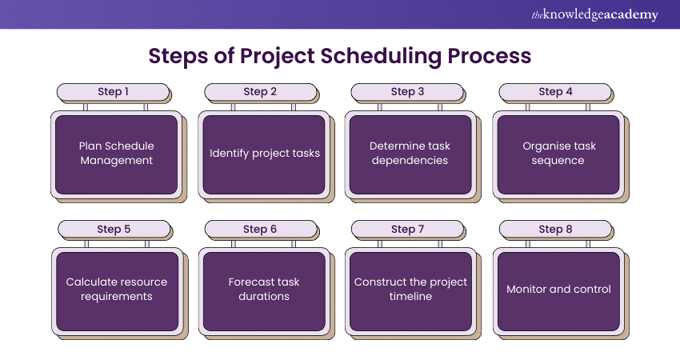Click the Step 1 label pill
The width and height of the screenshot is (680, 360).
tap(113, 92)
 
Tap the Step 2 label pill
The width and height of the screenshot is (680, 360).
tap(260, 92)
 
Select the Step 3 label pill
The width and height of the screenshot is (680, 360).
tap(407, 92)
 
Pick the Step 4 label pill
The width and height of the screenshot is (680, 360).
tap(555, 92)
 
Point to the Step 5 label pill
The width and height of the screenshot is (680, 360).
tap(114, 229)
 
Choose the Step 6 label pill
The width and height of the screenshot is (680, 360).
tap(261, 229)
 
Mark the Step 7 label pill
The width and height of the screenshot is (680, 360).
tap(408, 229)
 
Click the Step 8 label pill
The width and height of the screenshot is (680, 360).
tap(555, 229)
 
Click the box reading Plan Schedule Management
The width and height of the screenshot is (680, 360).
tap(116, 155)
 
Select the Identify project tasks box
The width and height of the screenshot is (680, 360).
tap(264, 155)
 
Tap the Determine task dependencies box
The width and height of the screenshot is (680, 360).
tap(410, 155)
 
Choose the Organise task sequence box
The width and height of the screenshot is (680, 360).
tap(558, 155)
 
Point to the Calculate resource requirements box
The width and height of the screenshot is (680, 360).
tap(117, 291)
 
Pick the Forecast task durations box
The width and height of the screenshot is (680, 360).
tap(264, 291)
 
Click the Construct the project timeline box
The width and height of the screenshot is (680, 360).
tap(410, 291)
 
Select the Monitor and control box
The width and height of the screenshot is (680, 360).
tap(558, 291)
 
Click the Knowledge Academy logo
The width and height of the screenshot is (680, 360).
tap(594, 14)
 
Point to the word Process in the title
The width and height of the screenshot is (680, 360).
tap(490, 55)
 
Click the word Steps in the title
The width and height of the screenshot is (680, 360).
tap(178, 56)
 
